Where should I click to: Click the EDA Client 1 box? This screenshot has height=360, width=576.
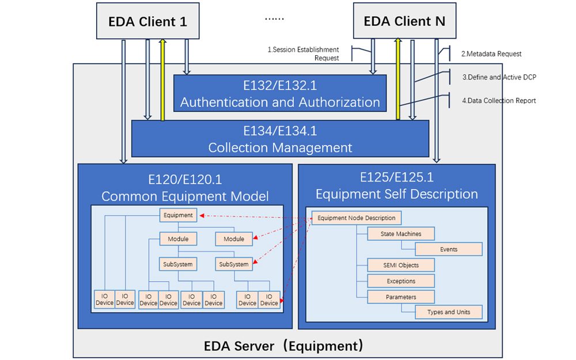[147, 21]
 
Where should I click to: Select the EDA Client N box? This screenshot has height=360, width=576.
[404, 21]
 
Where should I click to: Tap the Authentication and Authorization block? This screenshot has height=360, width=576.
[280, 93]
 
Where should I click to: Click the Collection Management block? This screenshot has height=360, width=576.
[280, 139]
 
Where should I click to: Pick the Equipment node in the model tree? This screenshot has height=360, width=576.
[178, 215]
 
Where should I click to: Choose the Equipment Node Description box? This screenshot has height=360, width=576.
[357, 218]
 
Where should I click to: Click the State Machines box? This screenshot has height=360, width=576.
[401, 234]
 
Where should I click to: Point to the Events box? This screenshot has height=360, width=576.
[449, 249]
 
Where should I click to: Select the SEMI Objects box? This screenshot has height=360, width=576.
[401, 265]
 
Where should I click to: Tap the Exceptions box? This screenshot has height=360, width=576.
[401, 281]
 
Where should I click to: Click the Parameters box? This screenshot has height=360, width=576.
[401, 297]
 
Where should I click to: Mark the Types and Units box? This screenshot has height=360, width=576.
[449, 312]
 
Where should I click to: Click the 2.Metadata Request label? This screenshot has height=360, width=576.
[491, 54]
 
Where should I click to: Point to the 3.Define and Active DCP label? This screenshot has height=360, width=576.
[499, 77]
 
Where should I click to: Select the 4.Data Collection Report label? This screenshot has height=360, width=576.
[499, 101]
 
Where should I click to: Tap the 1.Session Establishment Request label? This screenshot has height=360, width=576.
[303, 54]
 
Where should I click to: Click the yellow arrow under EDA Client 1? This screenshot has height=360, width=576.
[163, 79]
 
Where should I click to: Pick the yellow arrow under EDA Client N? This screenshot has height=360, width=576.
[398, 78]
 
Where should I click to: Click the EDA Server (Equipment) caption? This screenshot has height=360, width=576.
[283, 346]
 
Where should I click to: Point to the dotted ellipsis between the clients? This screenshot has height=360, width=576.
[274, 19]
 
